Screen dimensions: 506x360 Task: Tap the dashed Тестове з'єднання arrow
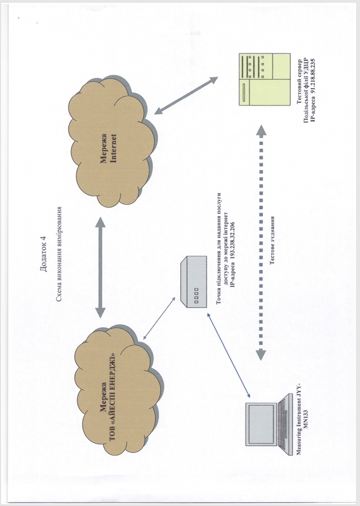click(x=260, y=240)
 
